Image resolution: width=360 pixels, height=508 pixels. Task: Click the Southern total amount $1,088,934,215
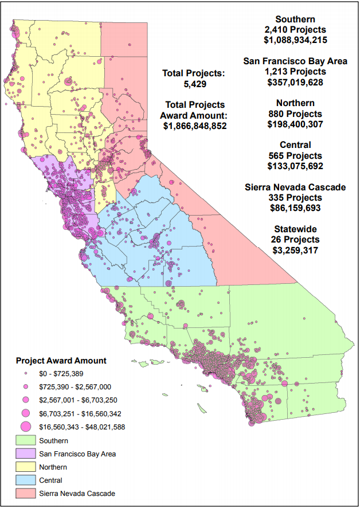pos(295,40)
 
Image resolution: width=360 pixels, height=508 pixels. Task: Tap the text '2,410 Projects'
pos(295,30)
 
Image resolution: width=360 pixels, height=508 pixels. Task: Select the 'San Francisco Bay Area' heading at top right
pos(295,61)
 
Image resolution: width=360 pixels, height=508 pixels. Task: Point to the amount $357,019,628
pos(295,83)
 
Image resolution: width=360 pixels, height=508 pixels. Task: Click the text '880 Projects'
pos(295,114)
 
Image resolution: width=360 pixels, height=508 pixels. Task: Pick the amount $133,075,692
pos(295,166)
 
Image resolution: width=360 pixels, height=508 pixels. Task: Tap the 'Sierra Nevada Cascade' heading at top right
pos(295,187)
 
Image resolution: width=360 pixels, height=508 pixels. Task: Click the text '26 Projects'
pos(295,240)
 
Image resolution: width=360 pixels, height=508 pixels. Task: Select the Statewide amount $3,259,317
pos(295,250)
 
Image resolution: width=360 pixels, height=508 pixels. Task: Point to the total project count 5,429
pos(194,84)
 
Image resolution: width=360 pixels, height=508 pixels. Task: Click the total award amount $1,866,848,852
pos(194,126)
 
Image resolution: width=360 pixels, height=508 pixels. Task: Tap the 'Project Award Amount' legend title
pos(61,361)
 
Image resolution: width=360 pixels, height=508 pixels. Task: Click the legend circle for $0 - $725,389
pos(25,374)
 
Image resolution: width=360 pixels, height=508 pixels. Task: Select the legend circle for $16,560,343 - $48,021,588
pos(25,427)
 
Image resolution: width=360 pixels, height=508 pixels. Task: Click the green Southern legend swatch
pos(25,441)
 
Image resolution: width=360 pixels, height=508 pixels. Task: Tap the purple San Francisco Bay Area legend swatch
pos(25,454)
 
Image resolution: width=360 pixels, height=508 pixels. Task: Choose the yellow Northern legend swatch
pos(25,467)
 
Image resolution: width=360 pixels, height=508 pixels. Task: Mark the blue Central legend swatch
pos(25,480)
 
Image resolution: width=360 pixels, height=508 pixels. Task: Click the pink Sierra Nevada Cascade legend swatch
pos(25,494)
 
